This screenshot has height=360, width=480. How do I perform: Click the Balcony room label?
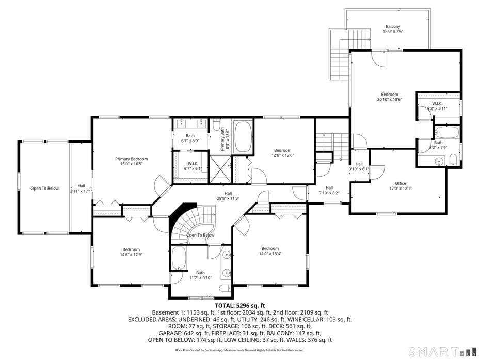[393, 27]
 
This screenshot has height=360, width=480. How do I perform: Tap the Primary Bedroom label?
[131, 159]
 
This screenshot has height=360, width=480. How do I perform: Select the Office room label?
[401, 183]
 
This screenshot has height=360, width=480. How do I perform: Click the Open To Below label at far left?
[44, 189]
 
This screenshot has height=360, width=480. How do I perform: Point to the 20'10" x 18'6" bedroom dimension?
[390, 100]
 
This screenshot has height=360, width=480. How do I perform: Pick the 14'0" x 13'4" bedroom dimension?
[270, 254]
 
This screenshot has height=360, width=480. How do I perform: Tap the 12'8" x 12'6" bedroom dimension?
[282, 155]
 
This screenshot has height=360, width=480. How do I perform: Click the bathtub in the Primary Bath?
[243, 137]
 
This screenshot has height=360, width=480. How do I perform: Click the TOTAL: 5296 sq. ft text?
[239, 305]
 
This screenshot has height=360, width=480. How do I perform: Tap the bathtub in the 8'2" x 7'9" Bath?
[446, 132]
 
